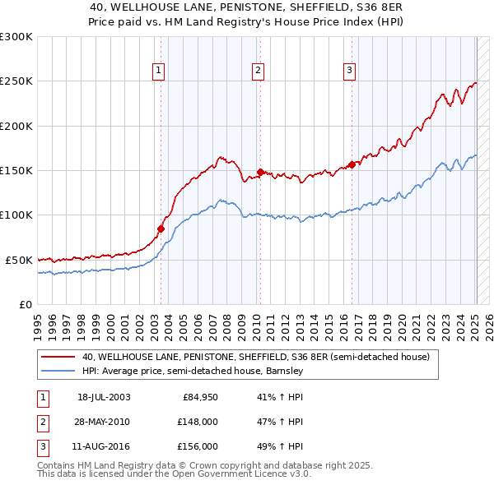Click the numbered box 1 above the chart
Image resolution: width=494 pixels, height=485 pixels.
pos(159,71)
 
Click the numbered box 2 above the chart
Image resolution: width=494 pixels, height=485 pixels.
pos(258,71)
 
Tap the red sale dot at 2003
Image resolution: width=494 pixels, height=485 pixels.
pos(161,229)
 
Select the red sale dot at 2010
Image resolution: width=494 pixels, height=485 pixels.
pos(259,172)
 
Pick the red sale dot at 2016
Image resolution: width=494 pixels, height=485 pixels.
pos(352,164)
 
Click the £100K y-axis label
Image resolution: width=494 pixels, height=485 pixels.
pos(16,215)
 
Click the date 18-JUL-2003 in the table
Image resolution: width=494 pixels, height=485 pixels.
pos(104,397)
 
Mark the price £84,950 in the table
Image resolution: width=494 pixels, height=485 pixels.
pos(200,397)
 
